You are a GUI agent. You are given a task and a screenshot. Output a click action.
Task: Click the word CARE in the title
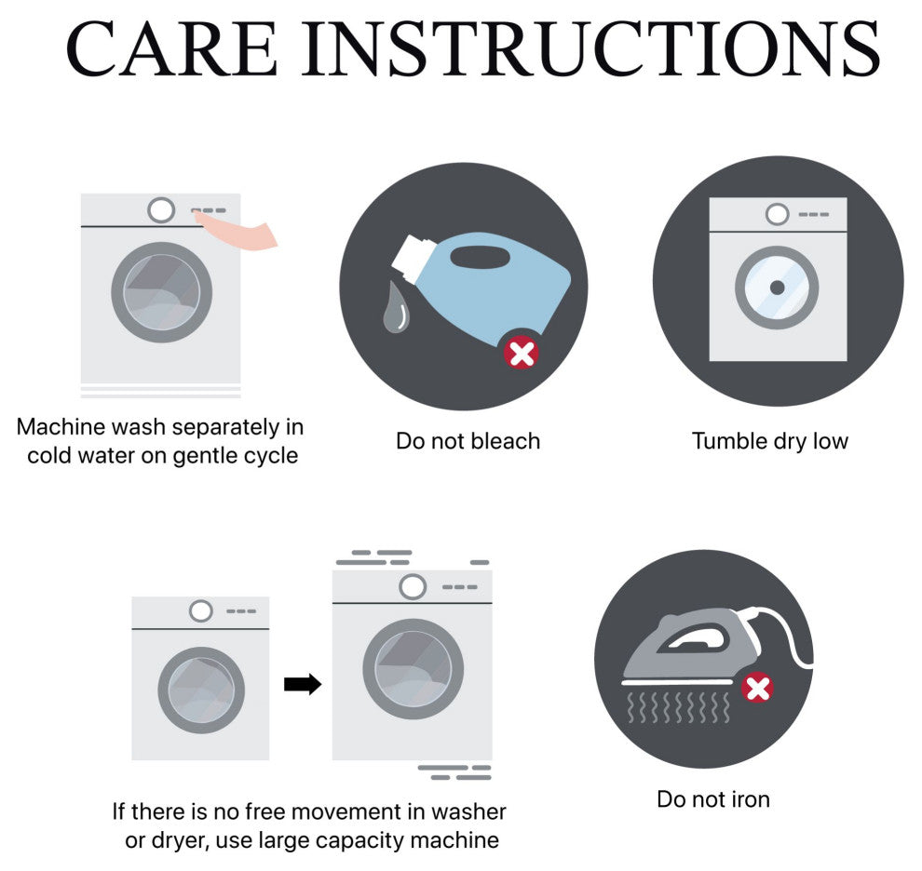point(171,48)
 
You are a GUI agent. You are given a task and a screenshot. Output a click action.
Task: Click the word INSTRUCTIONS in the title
point(591,48)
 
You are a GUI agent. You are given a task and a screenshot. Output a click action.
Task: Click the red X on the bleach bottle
point(522,354)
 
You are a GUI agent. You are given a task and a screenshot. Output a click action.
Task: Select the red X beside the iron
point(757,689)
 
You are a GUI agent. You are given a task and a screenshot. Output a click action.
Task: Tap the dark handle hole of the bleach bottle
point(480,257)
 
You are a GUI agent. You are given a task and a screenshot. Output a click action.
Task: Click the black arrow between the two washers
point(303,684)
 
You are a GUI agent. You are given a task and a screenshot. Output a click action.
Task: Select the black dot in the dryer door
point(777,288)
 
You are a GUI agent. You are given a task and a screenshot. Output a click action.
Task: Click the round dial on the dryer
point(777,215)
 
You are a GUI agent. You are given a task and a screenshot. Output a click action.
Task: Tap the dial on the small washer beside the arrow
point(200,611)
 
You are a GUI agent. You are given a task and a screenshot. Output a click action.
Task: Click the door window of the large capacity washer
point(414,669)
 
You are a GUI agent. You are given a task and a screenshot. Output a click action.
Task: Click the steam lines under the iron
point(679,707)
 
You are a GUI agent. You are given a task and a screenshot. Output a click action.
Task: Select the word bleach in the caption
point(506,441)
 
